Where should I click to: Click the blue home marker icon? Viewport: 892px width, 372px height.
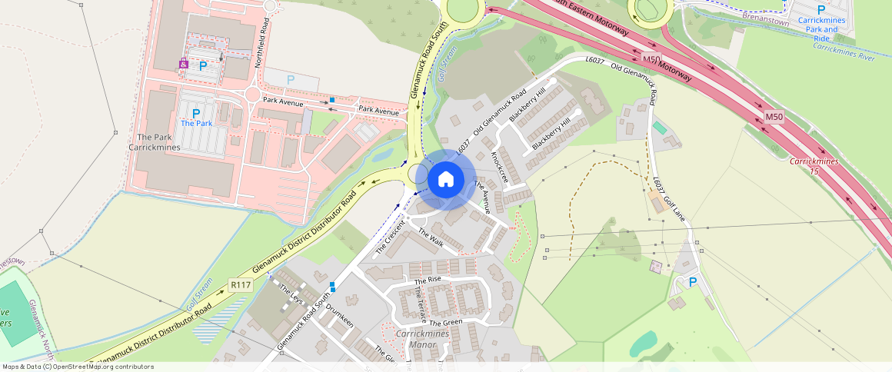[x=445, y=180]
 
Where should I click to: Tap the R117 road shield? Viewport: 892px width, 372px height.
[x=241, y=285]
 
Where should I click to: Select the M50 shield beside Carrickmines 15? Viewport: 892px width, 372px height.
[x=774, y=117]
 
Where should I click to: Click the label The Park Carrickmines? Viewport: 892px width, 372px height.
[x=155, y=142]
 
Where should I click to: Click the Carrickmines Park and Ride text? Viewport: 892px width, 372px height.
[x=821, y=28]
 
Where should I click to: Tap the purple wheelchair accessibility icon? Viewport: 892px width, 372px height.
[x=184, y=65]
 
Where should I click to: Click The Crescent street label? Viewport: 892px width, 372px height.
[x=391, y=238]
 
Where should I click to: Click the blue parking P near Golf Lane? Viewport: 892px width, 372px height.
[x=692, y=283]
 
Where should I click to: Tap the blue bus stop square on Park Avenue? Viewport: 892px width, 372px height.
[x=332, y=100]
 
